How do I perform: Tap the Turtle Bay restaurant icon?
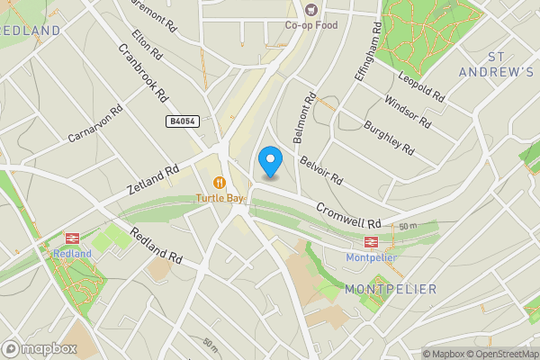click(x=220, y=182)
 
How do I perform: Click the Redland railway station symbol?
click(x=73, y=238)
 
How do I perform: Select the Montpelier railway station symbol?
click(x=370, y=242)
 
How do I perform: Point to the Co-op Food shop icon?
click(x=312, y=10)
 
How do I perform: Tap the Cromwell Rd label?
click(x=348, y=214)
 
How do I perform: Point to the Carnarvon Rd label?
click(x=94, y=127)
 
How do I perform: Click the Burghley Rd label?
click(x=389, y=135)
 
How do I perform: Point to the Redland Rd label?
click(x=157, y=246)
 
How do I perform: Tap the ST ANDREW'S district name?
click(x=496, y=64)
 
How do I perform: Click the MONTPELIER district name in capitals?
click(x=391, y=289)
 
